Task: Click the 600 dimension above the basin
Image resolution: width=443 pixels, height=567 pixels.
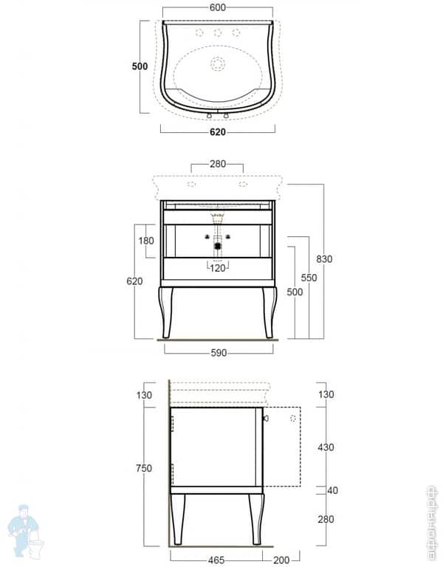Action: click(218, 7)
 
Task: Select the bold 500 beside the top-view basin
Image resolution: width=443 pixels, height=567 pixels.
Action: click(140, 66)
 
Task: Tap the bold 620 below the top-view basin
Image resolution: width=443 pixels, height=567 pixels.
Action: click(217, 132)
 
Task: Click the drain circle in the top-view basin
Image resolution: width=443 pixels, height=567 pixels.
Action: click(218, 64)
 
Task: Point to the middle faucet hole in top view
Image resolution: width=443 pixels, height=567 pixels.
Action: click(218, 32)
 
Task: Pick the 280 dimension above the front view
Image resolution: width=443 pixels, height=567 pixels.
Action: click(217, 164)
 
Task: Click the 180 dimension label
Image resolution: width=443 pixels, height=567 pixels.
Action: click(145, 241)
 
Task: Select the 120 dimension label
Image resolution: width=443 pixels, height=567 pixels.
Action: click(218, 268)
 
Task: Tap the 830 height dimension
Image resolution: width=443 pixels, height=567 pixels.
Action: click(324, 259)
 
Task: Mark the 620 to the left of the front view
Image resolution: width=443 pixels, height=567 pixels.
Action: click(134, 281)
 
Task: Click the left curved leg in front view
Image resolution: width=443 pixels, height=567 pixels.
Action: click(165, 310)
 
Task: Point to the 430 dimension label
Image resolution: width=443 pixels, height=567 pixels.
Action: click(324, 447)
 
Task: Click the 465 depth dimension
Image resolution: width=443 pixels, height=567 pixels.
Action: click(216, 560)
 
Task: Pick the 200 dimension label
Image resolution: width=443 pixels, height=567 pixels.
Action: click(281, 560)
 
